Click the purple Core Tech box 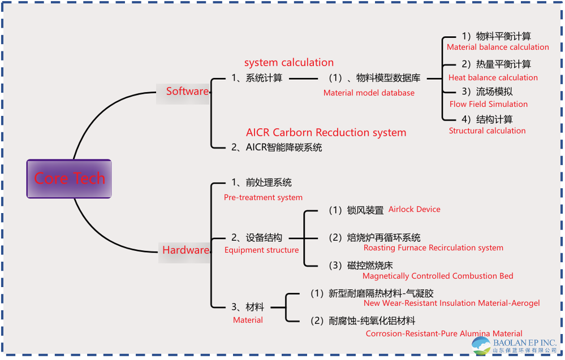[x=69, y=179]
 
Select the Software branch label [x=187, y=91]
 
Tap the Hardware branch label [x=186, y=250]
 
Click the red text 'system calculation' [x=289, y=63]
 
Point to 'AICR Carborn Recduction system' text [x=326, y=133]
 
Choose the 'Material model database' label [x=369, y=93]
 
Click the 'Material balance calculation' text [x=498, y=47]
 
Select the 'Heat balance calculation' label [x=493, y=77]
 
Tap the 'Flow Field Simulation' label [x=489, y=105]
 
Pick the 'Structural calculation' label [x=487, y=131]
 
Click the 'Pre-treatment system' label [x=263, y=198]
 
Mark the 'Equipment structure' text [x=261, y=250]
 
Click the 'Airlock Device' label [x=414, y=210]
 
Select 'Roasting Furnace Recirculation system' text [x=433, y=248]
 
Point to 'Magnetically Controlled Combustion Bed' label [x=438, y=276]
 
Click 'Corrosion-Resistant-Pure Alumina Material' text [x=444, y=334]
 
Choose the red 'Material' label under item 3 [x=248, y=320]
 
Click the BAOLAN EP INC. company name [x=524, y=343]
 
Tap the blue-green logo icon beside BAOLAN [x=481, y=345]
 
